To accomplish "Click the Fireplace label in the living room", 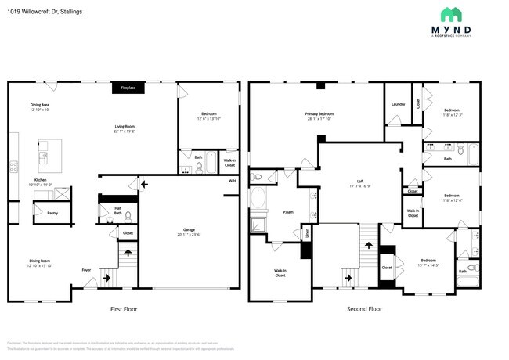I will [x=127, y=88].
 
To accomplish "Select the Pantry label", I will [x=52, y=213].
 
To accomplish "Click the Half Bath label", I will [x=117, y=210].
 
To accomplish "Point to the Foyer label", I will [x=86, y=270].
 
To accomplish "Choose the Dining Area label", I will [x=40, y=106].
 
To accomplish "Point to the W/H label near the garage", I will [x=232, y=181].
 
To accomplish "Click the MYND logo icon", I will [x=450, y=14].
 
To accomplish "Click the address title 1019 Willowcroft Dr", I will [x=45, y=12].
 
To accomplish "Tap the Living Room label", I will [x=125, y=128].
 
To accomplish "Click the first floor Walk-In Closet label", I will [x=229, y=163].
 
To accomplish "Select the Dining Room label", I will [x=39, y=264].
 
